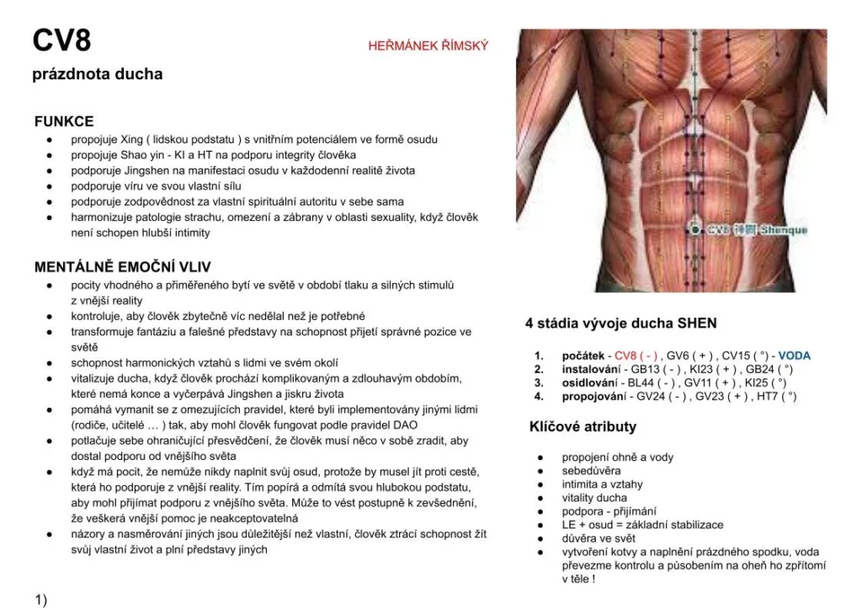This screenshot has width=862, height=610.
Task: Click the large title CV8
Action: click(x=61, y=40)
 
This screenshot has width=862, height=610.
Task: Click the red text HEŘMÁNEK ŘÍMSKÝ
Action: click(x=428, y=45)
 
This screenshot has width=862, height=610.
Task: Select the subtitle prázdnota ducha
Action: click(x=97, y=74)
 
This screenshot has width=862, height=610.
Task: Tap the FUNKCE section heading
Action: click(x=64, y=121)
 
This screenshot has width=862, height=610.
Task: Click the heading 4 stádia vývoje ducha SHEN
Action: click(x=620, y=323)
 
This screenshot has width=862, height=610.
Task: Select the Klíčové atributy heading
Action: click(x=583, y=426)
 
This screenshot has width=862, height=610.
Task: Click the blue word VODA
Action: click(x=794, y=356)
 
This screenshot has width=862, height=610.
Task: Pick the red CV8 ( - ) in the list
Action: click(x=636, y=356)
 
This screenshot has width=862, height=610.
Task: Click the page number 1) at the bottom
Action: click(x=40, y=600)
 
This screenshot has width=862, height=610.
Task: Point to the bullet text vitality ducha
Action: click(x=594, y=498)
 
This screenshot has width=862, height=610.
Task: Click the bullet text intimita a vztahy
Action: click(x=602, y=484)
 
